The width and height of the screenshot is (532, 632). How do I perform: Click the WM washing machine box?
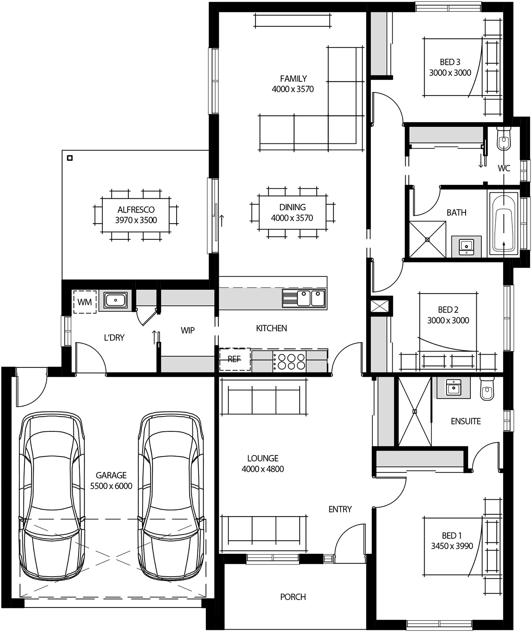(85, 302)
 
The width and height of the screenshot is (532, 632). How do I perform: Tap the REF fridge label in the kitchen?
(234, 359)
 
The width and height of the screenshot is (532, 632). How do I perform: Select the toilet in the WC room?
(503, 138)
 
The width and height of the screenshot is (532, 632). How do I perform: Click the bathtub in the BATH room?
(504, 223)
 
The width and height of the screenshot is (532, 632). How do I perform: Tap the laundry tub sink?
(115, 300)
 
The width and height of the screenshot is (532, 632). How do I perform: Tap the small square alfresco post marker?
(70, 158)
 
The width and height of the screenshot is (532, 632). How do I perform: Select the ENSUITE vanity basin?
(453, 387)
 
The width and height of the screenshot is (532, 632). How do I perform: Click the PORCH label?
(293, 597)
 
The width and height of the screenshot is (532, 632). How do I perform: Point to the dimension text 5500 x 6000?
(111, 486)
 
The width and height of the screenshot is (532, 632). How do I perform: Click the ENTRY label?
(340, 510)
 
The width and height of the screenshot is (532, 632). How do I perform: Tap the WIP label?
(188, 330)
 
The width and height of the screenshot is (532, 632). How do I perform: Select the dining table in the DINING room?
(292, 213)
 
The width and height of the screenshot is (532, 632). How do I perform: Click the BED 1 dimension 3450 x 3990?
(452, 546)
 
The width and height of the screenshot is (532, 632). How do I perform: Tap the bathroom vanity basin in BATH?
(466, 246)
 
